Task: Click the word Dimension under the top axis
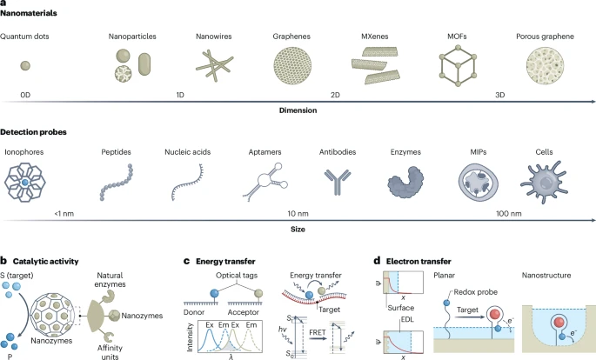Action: [x=297, y=111]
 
